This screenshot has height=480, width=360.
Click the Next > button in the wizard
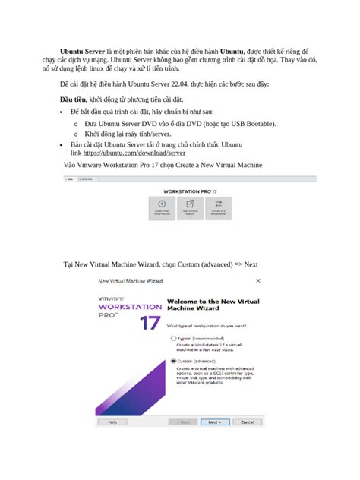[215, 422]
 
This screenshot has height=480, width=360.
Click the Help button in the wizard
[112, 422]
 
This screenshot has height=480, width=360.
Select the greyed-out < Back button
[185, 422]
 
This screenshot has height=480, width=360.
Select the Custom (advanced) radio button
[174, 361]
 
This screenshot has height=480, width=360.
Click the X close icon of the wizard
[258, 280]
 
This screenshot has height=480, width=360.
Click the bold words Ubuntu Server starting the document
[83, 50]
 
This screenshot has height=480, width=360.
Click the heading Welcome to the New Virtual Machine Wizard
[208, 305]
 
